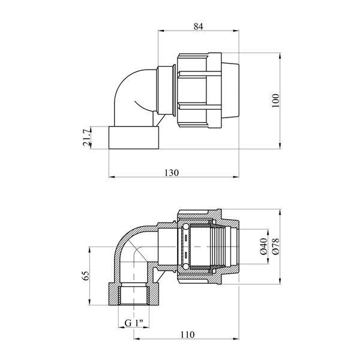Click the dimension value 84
tap(198, 26)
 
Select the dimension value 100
tap(275, 101)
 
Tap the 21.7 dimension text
tap(87, 137)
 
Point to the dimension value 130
tap(171, 172)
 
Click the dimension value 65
tap(85, 275)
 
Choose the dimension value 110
tap(187, 335)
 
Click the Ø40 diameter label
tap(264, 246)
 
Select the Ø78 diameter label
tap(275, 246)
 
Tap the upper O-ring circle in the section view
tap(185, 227)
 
